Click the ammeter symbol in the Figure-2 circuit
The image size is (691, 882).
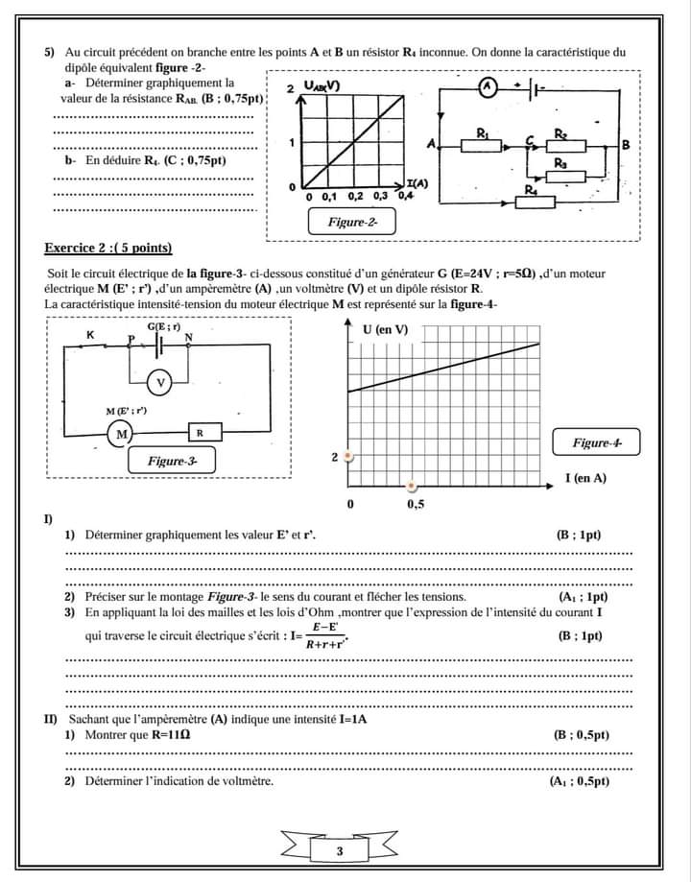pyautogui.click(x=487, y=87)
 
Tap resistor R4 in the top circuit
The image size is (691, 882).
pyautogui.click(x=531, y=199)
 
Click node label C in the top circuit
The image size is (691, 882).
pyautogui.click(x=529, y=141)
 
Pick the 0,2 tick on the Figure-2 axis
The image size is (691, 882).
pyautogui.click(x=354, y=196)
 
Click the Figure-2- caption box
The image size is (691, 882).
pyautogui.click(x=352, y=222)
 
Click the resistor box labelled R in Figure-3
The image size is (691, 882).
pyautogui.click(x=200, y=433)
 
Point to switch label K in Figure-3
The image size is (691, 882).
pyautogui.click(x=90, y=335)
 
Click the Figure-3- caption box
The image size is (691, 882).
pyautogui.click(x=172, y=461)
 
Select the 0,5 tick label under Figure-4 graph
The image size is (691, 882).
pyautogui.click(x=417, y=503)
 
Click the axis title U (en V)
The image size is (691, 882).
pyautogui.click(x=385, y=330)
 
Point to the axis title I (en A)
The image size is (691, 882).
pyautogui.click(x=585, y=477)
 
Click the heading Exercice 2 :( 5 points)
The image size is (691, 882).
pyautogui.click(x=108, y=249)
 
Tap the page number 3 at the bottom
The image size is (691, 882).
pyautogui.click(x=340, y=851)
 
